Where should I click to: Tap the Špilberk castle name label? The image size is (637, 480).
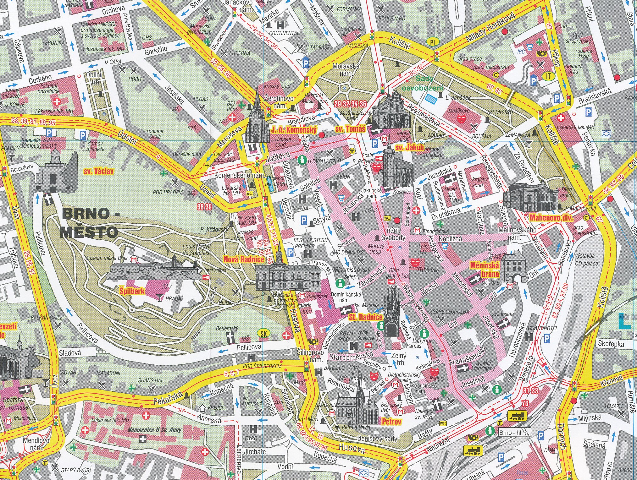(132, 291)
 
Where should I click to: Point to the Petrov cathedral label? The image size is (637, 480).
(391, 421)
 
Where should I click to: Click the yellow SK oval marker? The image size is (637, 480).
(263, 334)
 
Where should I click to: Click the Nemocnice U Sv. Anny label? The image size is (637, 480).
(155, 430)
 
